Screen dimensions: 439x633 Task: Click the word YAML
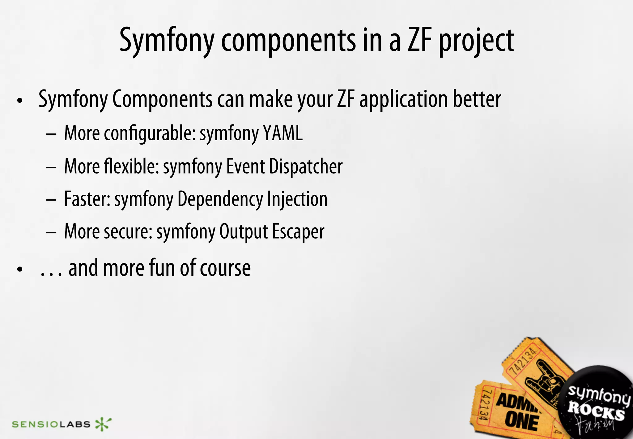click(x=283, y=133)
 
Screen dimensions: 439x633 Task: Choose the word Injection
click(x=297, y=199)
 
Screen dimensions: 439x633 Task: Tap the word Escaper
click(x=298, y=232)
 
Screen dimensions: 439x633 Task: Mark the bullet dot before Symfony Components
click(x=20, y=101)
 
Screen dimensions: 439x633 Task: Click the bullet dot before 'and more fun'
click(x=20, y=269)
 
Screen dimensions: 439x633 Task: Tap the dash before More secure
click(x=51, y=232)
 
